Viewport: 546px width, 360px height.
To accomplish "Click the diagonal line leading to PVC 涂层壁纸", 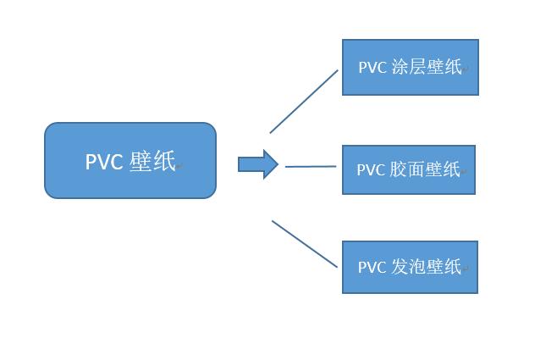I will (x=304, y=101).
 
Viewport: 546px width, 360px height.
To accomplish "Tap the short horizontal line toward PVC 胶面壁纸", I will (x=311, y=167).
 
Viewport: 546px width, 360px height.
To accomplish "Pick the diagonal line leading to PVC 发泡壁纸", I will (x=305, y=244).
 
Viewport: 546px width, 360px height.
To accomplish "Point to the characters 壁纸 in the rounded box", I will (x=152, y=162).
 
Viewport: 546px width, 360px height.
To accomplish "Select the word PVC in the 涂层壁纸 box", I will (x=372, y=68).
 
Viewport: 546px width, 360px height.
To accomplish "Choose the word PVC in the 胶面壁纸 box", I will (x=371, y=170).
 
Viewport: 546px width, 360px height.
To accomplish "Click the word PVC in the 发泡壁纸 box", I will (x=372, y=268).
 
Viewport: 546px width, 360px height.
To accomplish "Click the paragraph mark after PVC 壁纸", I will (x=179, y=167).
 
